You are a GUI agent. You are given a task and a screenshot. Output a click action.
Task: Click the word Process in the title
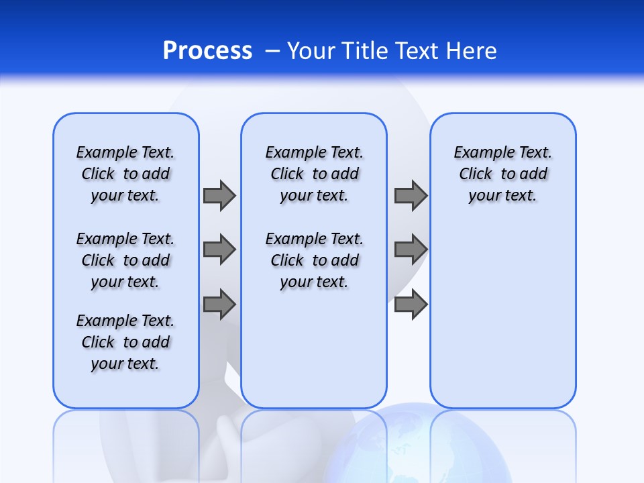click(x=207, y=50)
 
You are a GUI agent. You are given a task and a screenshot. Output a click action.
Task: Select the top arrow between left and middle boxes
click(x=219, y=195)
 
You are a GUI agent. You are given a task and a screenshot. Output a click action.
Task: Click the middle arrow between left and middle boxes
click(x=219, y=250)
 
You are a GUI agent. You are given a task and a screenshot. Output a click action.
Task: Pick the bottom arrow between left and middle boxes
click(x=219, y=304)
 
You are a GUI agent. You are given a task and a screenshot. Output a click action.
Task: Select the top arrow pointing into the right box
click(x=411, y=195)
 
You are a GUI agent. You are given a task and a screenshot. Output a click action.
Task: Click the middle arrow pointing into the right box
click(x=411, y=250)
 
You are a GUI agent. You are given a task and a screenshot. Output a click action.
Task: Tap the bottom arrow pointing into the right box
click(x=411, y=304)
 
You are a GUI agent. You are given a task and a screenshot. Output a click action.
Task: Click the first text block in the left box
click(x=125, y=174)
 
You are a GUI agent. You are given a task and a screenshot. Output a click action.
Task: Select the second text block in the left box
click(x=125, y=260)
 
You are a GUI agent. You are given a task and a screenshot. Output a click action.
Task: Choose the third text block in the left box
click(x=125, y=342)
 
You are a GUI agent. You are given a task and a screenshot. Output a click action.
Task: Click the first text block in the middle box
click(x=314, y=174)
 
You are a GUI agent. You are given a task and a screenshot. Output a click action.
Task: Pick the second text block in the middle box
click(x=314, y=260)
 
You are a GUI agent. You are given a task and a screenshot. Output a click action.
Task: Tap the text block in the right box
click(x=502, y=174)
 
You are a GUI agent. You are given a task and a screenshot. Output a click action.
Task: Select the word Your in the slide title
click(x=311, y=50)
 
